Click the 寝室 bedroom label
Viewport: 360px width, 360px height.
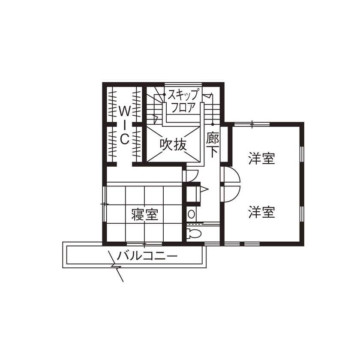145,214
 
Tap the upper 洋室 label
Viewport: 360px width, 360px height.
261,159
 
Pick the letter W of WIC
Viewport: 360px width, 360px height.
124,111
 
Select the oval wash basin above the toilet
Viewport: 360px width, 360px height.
192,213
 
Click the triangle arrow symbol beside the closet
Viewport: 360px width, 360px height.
204,189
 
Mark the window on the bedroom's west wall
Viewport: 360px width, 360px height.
103,204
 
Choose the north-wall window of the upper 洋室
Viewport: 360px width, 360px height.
252,124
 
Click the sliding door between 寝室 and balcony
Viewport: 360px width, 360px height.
144,244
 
